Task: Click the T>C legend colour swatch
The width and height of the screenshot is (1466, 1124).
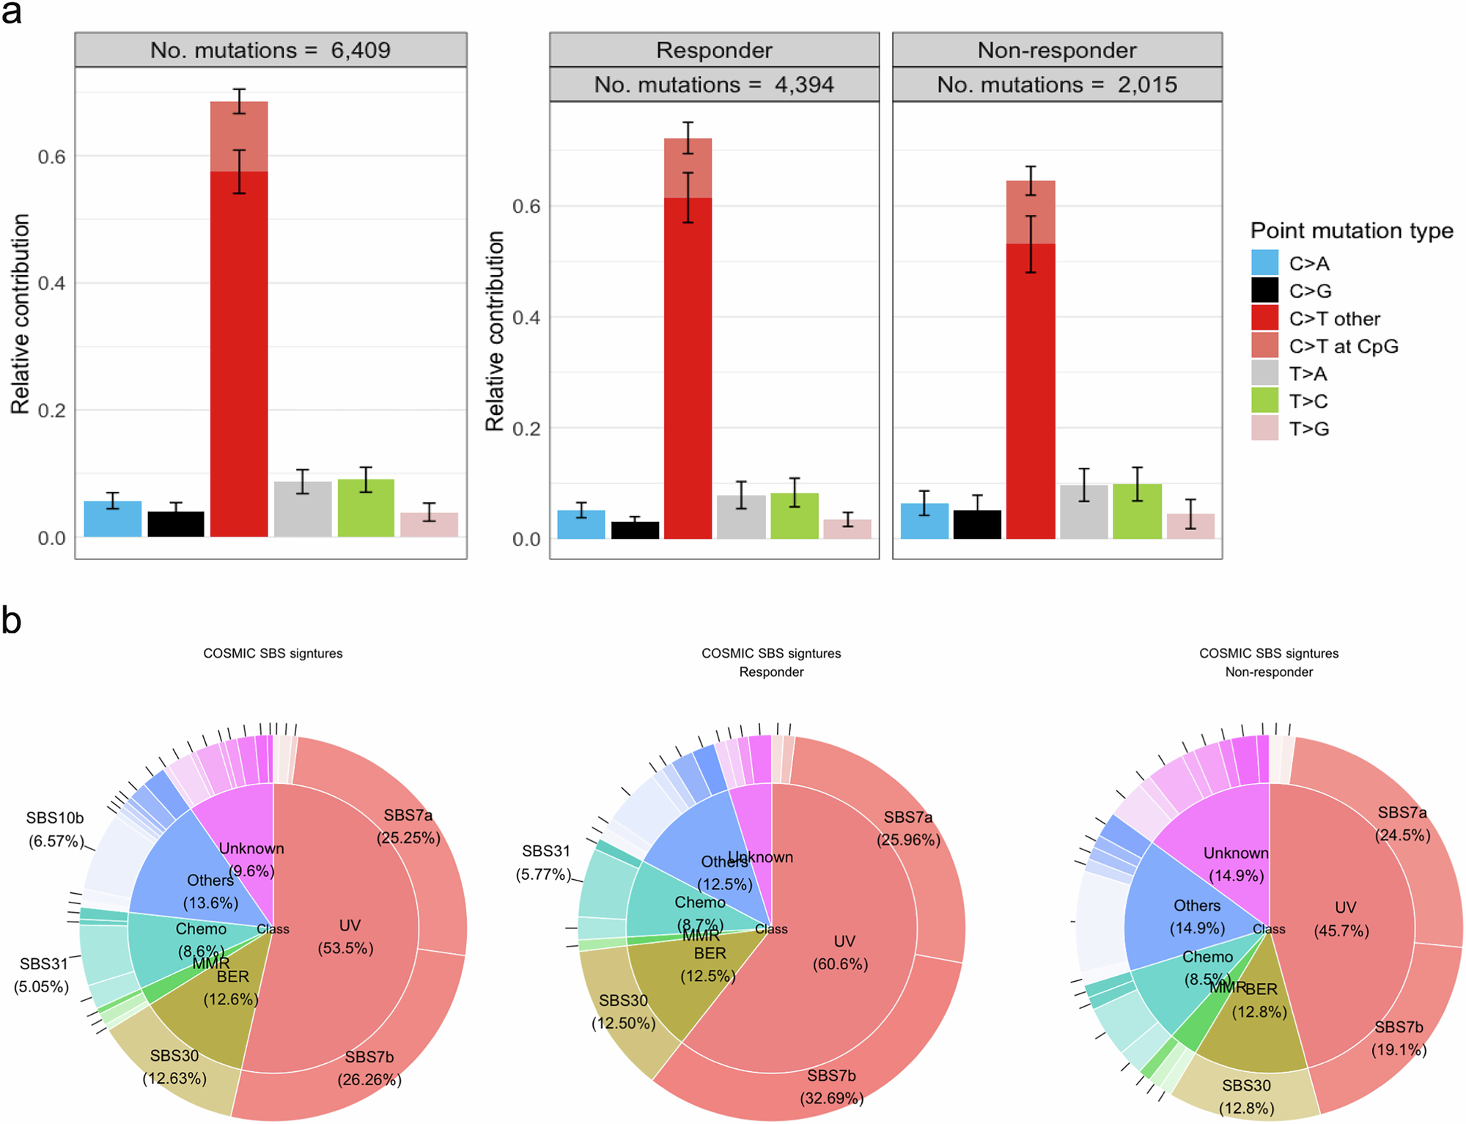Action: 1264,401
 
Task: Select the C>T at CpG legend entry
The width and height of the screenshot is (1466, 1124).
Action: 1343,346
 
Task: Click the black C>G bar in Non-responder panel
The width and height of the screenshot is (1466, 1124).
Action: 977,524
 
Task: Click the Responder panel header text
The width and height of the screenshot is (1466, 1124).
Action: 714,50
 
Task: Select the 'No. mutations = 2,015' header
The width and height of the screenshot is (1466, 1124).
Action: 1056,84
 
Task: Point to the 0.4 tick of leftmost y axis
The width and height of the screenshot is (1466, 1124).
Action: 51,283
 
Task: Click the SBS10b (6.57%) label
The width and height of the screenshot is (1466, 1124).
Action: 55,829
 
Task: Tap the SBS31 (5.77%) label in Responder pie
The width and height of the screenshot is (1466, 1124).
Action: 545,862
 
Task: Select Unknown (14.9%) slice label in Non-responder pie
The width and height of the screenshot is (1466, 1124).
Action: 1236,864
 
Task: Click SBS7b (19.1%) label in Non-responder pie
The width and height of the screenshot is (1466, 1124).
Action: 1399,1037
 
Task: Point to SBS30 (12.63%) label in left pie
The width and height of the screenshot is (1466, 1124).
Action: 174,1067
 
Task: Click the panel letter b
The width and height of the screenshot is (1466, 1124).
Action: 11,620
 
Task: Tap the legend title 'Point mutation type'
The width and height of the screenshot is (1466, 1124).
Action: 1351,230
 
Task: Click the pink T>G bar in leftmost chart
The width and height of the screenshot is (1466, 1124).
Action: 430,524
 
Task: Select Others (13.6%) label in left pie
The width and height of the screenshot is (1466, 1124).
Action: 210,891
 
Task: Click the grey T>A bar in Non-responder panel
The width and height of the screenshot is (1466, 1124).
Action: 1083,512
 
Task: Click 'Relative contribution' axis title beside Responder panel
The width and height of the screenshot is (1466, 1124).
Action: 496,330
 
